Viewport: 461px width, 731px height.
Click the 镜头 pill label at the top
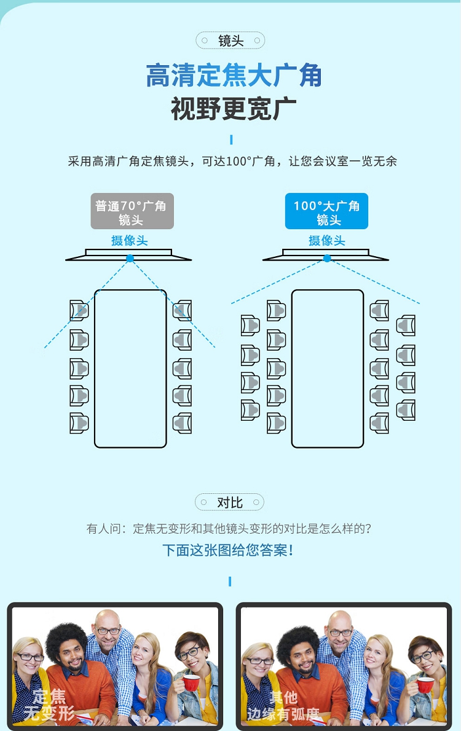coord(230,41)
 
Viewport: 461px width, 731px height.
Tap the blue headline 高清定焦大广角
coord(234,77)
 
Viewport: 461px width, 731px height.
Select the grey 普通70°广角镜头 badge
coord(132,212)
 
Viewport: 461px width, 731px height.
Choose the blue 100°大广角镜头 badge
coord(326,212)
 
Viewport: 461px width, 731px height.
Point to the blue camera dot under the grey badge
coord(130,259)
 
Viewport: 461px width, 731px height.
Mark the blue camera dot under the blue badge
coord(327,259)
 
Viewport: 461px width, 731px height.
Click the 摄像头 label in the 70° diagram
coord(130,240)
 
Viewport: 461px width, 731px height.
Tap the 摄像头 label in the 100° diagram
coord(327,240)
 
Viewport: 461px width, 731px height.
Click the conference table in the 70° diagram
coord(130,369)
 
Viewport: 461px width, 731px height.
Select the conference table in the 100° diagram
coord(328,369)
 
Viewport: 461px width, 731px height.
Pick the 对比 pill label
coord(230,502)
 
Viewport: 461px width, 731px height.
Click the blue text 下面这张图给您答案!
coord(228,550)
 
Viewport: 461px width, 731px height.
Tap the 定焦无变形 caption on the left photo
coord(49,705)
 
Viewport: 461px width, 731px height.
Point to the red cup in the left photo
coord(191,682)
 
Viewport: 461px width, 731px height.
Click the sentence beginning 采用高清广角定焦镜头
coord(232,162)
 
